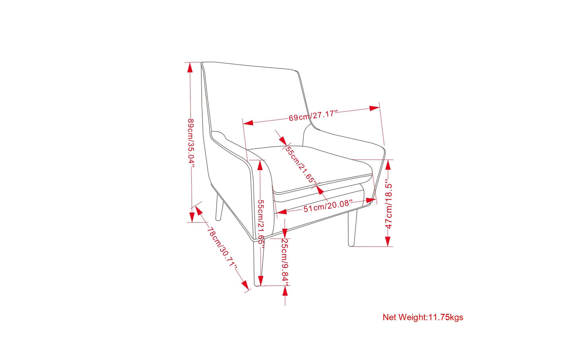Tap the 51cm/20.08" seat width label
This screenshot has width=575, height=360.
click(327, 206)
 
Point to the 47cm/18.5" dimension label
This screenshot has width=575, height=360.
click(389, 206)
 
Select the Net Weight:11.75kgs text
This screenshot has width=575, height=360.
click(423, 317)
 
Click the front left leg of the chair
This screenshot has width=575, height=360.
click(259, 263)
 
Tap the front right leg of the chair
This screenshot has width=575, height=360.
click(353, 228)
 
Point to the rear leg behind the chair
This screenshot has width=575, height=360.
click(219, 208)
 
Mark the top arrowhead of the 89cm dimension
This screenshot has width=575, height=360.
click(190, 68)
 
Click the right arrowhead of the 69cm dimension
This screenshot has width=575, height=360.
click(374, 108)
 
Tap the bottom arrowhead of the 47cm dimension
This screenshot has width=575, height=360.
click(388, 241)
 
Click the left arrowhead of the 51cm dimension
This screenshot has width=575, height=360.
click(282, 212)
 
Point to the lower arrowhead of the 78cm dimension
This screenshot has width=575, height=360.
click(245, 285)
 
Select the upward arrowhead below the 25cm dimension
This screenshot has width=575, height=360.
click(285, 291)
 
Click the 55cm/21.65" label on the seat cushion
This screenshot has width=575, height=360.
click(301, 164)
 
